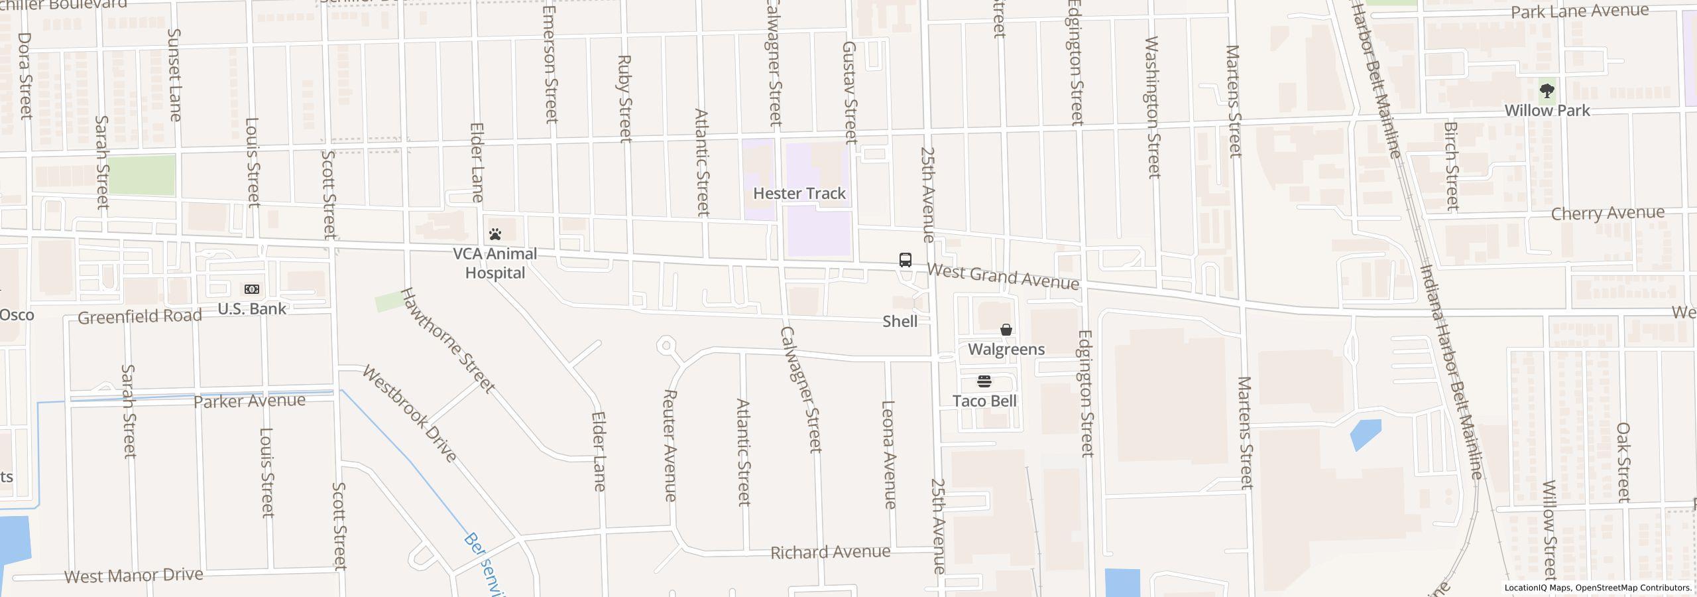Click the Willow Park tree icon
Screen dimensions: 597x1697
(x=1547, y=91)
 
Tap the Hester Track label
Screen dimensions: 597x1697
(x=799, y=194)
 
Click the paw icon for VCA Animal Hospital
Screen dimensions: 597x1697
(x=495, y=234)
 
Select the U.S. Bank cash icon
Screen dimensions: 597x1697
(x=252, y=289)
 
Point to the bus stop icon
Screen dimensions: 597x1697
(x=906, y=260)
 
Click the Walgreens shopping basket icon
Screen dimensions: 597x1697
(x=1006, y=330)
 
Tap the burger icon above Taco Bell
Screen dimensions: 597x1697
(x=984, y=381)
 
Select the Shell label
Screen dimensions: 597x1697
(x=900, y=322)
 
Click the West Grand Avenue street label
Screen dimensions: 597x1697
(x=1003, y=277)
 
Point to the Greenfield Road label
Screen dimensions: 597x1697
(x=140, y=316)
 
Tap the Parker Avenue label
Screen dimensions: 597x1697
(x=250, y=401)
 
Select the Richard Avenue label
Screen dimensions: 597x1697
(x=830, y=552)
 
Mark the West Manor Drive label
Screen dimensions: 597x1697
(x=133, y=575)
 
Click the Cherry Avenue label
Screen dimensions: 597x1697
(x=1608, y=214)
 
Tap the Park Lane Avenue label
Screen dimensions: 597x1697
(x=1578, y=11)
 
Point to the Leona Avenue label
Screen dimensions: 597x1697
(x=890, y=454)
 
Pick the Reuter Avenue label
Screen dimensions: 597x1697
(x=670, y=445)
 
